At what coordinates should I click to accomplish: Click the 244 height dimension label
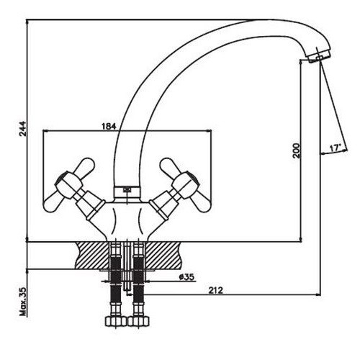point(23,129)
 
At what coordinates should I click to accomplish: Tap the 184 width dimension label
point(109,126)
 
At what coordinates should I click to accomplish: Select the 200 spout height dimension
point(297,150)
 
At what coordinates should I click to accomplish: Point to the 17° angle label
point(336,148)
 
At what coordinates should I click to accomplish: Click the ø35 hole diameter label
point(186,277)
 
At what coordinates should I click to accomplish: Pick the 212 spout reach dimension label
point(215,290)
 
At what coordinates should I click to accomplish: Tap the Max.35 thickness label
point(23,301)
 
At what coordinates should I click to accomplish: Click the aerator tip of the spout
point(318,57)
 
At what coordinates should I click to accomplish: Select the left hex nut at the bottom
point(116,321)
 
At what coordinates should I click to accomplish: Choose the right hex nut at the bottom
point(138,321)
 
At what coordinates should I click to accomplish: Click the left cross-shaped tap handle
point(69,185)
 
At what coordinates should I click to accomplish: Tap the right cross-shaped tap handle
point(186,185)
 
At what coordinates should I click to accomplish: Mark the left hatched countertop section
point(92,256)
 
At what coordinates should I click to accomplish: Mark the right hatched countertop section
point(163,256)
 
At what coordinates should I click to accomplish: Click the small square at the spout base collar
point(127,190)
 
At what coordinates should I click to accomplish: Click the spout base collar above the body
point(127,192)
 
